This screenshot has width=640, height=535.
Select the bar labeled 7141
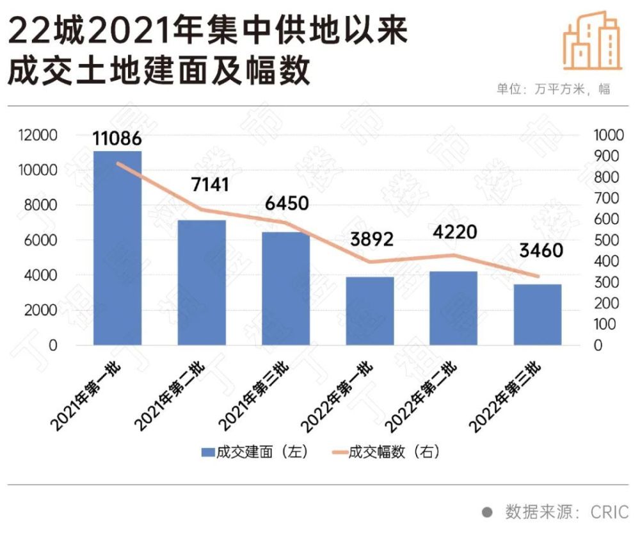point(202,283)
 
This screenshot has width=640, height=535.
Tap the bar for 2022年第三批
point(537,315)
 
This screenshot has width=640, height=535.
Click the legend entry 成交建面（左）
point(255,452)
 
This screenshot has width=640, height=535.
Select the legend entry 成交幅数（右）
point(385,452)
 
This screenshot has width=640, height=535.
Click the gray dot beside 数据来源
point(487,513)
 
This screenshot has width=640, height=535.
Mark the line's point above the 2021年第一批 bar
point(117,163)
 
